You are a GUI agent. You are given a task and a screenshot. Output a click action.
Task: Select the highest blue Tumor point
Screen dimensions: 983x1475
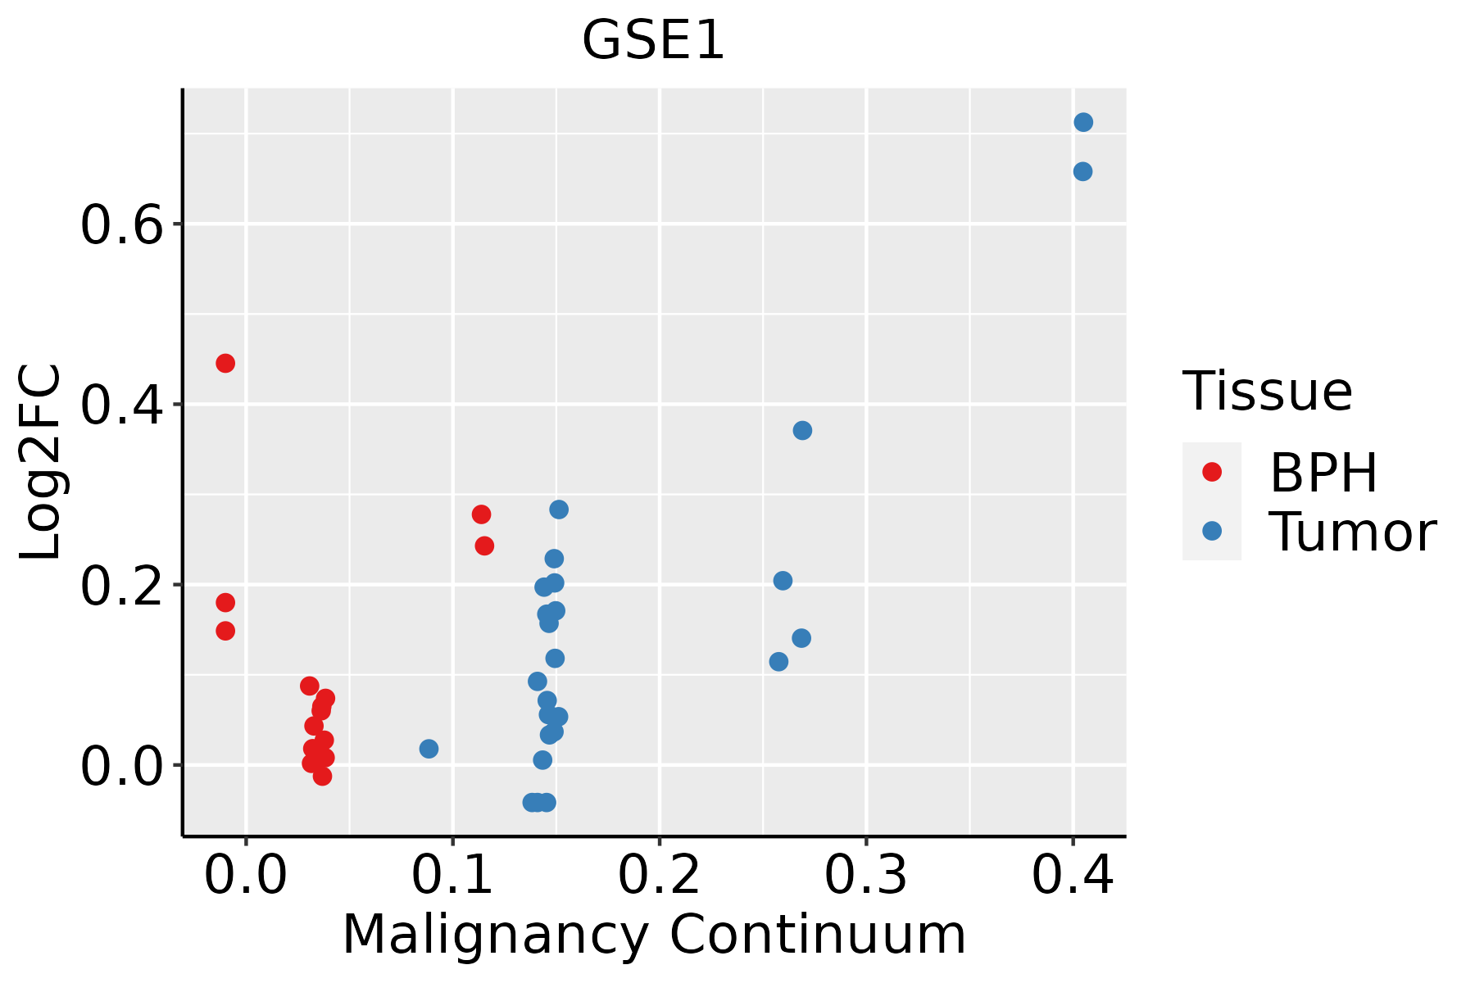click(1083, 122)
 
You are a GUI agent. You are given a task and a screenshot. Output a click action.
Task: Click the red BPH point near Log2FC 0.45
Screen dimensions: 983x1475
click(225, 363)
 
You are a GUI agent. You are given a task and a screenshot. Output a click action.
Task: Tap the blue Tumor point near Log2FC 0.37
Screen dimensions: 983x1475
click(802, 430)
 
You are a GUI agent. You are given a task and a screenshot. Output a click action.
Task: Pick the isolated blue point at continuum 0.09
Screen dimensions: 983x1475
click(429, 749)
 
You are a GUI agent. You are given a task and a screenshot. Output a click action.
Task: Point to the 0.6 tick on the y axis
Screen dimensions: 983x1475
click(123, 225)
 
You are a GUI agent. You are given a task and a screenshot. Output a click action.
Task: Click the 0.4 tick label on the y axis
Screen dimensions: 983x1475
click(123, 405)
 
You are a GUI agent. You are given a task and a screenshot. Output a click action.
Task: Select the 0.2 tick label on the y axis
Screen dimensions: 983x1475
click(123, 586)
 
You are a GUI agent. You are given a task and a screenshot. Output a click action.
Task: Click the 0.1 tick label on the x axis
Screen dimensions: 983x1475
click(452, 875)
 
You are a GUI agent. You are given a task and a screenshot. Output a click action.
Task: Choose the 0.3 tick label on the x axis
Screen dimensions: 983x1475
click(865, 875)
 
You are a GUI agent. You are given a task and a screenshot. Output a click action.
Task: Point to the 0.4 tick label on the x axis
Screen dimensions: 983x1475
click(1072, 875)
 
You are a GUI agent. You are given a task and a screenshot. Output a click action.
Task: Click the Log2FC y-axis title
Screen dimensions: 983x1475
click(41, 462)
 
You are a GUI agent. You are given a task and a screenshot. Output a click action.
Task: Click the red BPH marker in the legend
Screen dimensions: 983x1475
click(1211, 472)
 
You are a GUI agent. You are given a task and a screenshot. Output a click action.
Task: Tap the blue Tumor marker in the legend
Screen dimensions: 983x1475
click(1211, 531)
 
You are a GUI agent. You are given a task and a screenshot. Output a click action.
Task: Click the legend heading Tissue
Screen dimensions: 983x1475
click(1268, 392)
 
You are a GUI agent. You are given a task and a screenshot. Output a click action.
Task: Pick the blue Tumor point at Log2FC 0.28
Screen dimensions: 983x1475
click(559, 510)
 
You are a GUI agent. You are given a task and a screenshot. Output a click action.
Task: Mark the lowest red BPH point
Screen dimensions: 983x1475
click(322, 776)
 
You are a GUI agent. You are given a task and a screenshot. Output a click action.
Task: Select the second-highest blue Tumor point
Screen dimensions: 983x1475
click(1082, 171)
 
